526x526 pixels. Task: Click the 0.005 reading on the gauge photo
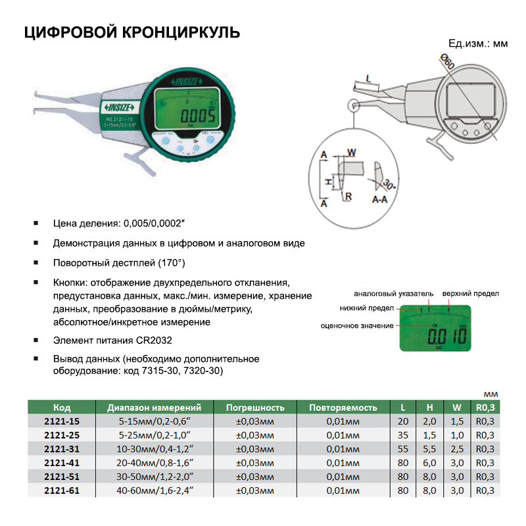tap(189, 116)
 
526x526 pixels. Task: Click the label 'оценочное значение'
tap(358, 325)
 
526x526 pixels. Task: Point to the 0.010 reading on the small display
tap(447, 337)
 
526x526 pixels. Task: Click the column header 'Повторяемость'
tap(343, 408)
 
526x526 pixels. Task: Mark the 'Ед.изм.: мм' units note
tap(478, 43)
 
